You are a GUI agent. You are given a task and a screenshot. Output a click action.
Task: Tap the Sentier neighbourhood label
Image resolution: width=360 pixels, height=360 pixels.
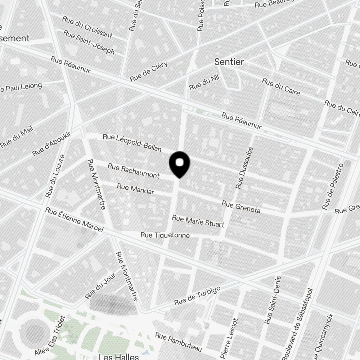[229, 62]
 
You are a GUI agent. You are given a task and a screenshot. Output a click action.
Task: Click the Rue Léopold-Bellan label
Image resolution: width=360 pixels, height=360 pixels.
[132, 142]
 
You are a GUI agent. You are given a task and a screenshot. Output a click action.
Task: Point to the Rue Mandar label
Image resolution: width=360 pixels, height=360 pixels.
[136, 189]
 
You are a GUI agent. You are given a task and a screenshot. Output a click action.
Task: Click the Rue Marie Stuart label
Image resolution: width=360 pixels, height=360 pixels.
[198, 221]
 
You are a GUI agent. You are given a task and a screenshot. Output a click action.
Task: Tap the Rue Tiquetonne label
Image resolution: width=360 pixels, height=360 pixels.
[165, 235]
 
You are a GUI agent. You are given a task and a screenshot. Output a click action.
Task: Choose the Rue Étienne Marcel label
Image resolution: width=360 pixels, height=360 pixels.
[75, 219]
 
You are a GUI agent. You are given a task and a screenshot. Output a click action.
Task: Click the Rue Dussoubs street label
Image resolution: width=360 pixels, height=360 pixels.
[245, 168]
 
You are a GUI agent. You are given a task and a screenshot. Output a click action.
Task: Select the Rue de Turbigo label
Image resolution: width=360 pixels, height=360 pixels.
[197, 297]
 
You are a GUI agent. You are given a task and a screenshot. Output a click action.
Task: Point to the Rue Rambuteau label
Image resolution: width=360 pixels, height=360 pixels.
[179, 342]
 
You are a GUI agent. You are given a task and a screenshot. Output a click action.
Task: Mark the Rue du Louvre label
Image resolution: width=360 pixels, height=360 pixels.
[55, 176]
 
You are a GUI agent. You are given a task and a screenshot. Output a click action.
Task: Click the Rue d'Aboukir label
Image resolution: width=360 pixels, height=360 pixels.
[52, 144]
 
